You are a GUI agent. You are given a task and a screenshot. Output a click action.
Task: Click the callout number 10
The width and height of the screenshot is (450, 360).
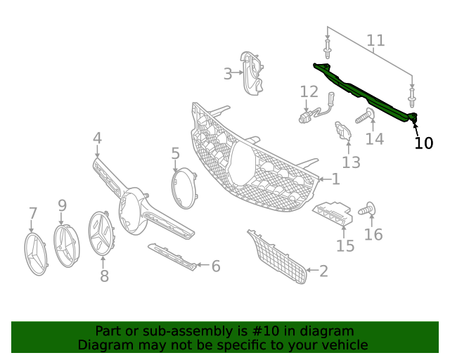423,143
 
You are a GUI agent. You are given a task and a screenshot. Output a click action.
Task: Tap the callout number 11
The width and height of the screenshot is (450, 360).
375,40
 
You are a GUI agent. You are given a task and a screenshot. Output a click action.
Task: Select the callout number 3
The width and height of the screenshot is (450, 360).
228,73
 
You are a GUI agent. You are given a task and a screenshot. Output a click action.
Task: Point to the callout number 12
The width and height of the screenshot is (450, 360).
309,91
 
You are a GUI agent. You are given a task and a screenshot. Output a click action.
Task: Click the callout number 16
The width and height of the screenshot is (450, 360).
373,233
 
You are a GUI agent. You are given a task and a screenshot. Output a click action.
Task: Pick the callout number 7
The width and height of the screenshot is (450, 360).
33,213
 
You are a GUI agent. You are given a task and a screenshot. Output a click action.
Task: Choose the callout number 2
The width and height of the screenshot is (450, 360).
323,271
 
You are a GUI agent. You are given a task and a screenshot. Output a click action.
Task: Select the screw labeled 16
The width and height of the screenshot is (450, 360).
367,208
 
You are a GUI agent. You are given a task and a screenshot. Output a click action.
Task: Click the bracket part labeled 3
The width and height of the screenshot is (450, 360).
252,72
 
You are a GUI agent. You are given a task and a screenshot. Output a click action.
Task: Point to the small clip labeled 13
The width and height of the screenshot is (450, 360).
343,131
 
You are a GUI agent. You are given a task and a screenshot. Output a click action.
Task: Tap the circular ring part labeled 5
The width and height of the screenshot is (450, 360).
184,188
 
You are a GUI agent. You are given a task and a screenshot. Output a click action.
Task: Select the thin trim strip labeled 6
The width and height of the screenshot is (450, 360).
172,257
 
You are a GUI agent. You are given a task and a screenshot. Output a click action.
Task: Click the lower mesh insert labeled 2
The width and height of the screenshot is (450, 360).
278,256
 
